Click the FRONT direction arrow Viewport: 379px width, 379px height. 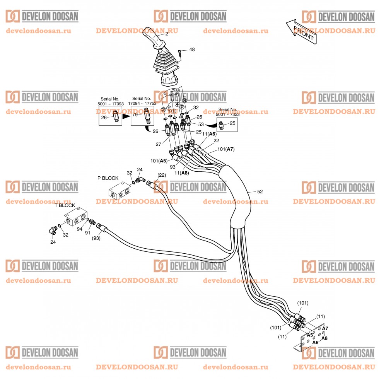(x=301, y=32)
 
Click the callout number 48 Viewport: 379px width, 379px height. (x=192, y=50)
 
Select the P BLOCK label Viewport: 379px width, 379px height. (x=108, y=178)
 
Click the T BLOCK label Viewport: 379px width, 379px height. (x=65, y=205)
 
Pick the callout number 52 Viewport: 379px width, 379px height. (x=260, y=192)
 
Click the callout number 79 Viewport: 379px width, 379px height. (x=135, y=114)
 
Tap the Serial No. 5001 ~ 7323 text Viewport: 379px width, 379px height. (x=227, y=112)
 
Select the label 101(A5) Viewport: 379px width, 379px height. (x=159, y=161)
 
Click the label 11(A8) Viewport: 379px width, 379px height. (x=182, y=173)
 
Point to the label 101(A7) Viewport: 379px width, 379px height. (x=226, y=149)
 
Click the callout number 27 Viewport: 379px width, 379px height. (x=158, y=144)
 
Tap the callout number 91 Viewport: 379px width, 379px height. (x=87, y=233)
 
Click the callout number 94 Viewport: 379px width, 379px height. (x=80, y=229)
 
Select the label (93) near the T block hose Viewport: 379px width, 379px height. (x=96, y=238)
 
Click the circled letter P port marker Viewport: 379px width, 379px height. (x=182, y=107)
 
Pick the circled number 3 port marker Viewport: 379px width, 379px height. (x=184, y=100)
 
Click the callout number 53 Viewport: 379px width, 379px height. (x=201, y=125)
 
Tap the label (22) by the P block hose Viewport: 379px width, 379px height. (x=162, y=175)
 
